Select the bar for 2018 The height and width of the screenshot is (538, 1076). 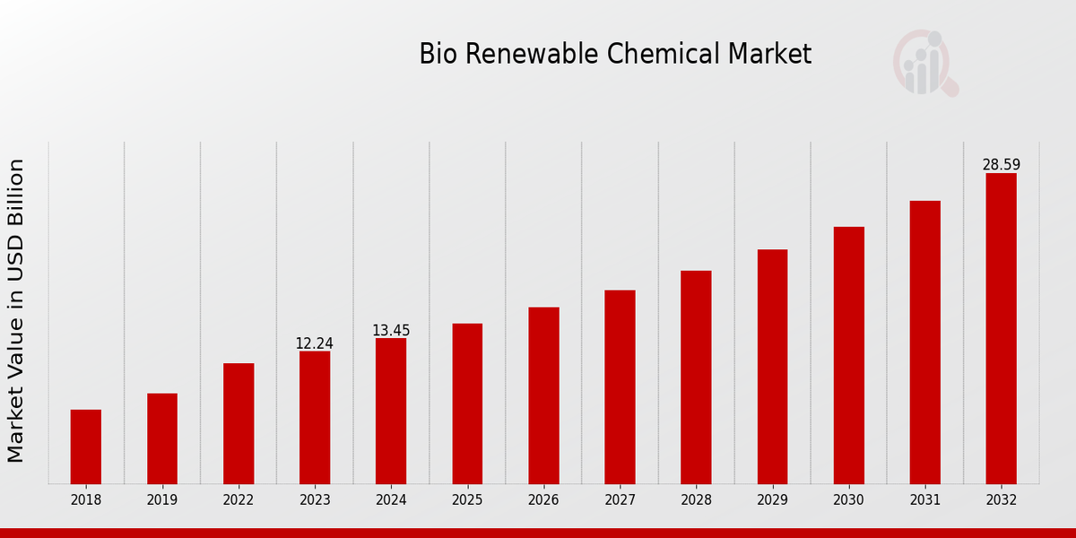(x=86, y=447)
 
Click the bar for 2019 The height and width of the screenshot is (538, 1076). (x=162, y=438)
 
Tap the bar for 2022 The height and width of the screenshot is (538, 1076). (x=239, y=423)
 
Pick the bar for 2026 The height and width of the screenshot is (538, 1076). (x=543, y=395)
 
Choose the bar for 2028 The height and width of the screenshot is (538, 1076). (x=696, y=377)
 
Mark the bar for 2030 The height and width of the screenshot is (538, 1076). (x=848, y=355)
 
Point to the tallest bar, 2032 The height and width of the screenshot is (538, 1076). (x=1001, y=328)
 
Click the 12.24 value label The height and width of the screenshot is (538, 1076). (x=315, y=343)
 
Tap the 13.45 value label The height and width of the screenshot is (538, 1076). (x=391, y=331)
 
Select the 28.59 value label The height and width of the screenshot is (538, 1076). (x=1001, y=165)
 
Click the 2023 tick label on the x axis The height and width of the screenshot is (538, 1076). (x=315, y=500)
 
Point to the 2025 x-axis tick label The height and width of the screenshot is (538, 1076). (x=467, y=500)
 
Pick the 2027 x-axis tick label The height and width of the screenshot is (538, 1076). (x=620, y=500)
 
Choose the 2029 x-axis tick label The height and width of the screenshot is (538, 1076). (x=772, y=500)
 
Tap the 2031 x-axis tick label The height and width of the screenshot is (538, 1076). (x=924, y=500)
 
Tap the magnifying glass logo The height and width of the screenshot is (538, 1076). (x=925, y=64)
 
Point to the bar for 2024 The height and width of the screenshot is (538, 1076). (x=391, y=411)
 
